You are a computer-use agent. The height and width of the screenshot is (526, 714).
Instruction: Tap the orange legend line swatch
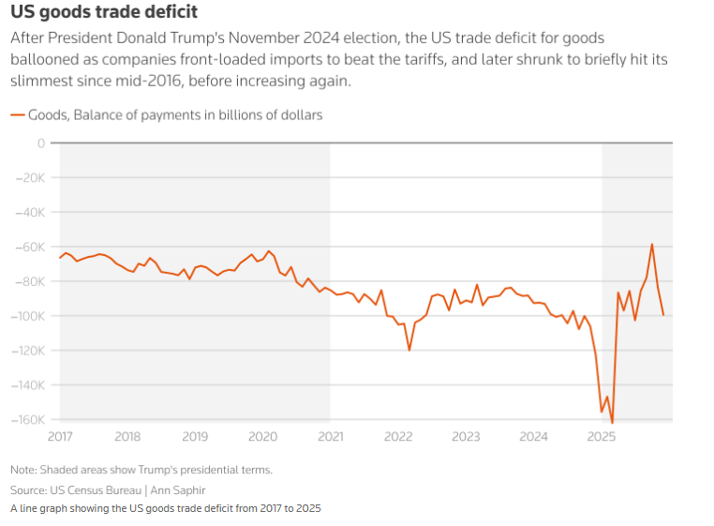[x=18, y=115]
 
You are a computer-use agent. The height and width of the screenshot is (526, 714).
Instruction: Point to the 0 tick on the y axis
[x=40, y=143]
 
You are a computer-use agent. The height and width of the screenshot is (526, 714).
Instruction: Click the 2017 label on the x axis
[x=59, y=436]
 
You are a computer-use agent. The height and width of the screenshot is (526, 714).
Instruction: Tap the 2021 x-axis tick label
[x=331, y=436]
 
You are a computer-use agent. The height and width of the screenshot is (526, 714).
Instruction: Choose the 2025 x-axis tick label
[x=602, y=436]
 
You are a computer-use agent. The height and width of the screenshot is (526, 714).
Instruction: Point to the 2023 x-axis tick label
[x=466, y=436]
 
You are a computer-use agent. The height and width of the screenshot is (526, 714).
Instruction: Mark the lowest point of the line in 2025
[x=612, y=423]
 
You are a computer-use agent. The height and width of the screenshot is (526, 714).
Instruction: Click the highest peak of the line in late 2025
[x=652, y=245]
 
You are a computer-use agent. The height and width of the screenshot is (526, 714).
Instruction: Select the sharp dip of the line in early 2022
[x=409, y=350]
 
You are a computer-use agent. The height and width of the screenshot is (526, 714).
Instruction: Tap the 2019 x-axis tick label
[x=195, y=436]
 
